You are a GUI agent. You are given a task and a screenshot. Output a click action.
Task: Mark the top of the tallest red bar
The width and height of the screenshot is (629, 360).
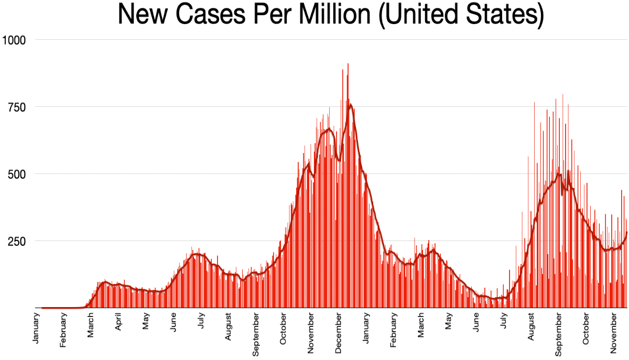(x=348, y=64)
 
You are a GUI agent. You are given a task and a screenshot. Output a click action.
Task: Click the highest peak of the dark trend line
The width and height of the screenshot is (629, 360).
(x=350, y=104)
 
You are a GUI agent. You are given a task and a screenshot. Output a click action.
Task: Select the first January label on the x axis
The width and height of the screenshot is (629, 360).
(x=36, y=329)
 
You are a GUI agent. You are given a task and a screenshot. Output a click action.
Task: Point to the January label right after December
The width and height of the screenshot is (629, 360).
(x=366, y=329)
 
